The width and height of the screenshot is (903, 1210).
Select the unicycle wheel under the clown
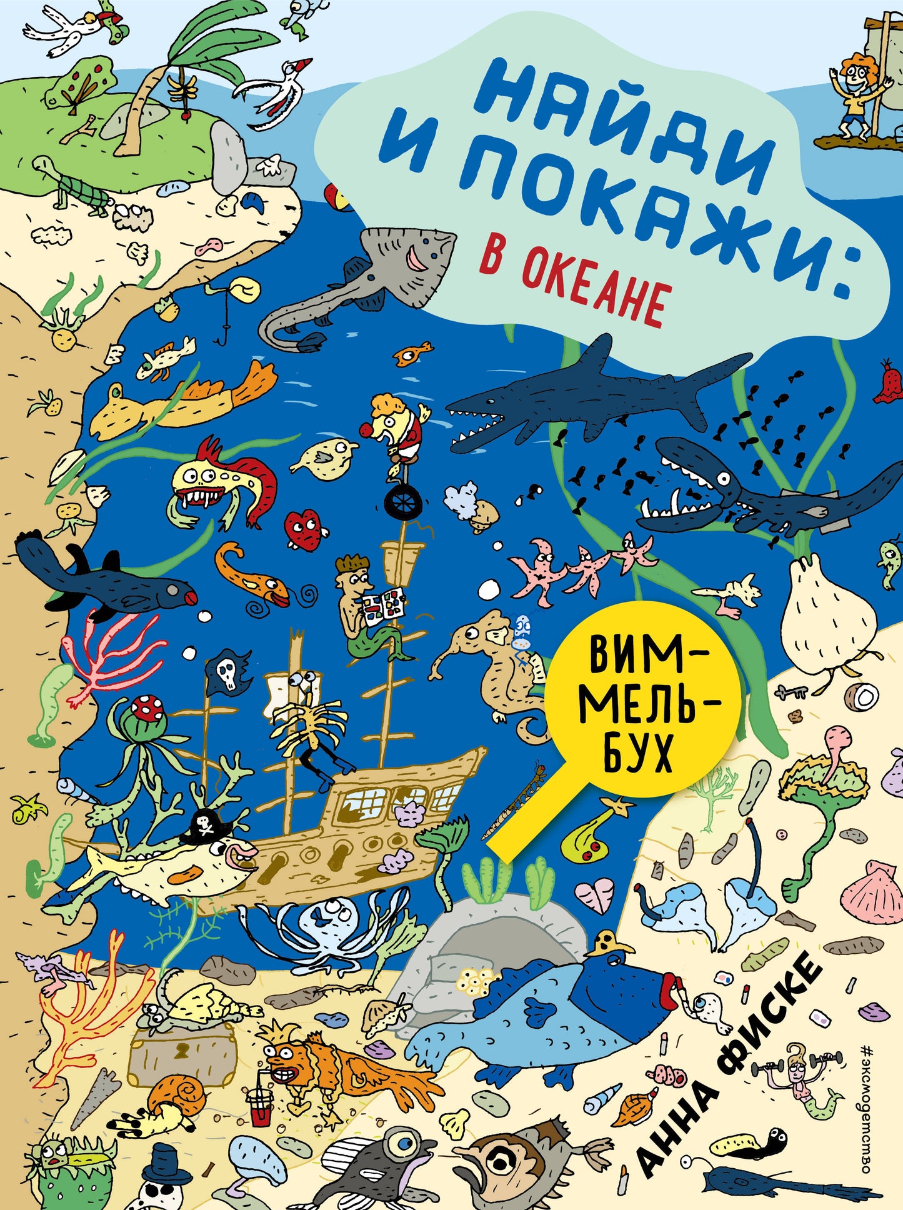[x=400, y=504]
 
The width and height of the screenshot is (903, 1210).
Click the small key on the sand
[x=791, y=691]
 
